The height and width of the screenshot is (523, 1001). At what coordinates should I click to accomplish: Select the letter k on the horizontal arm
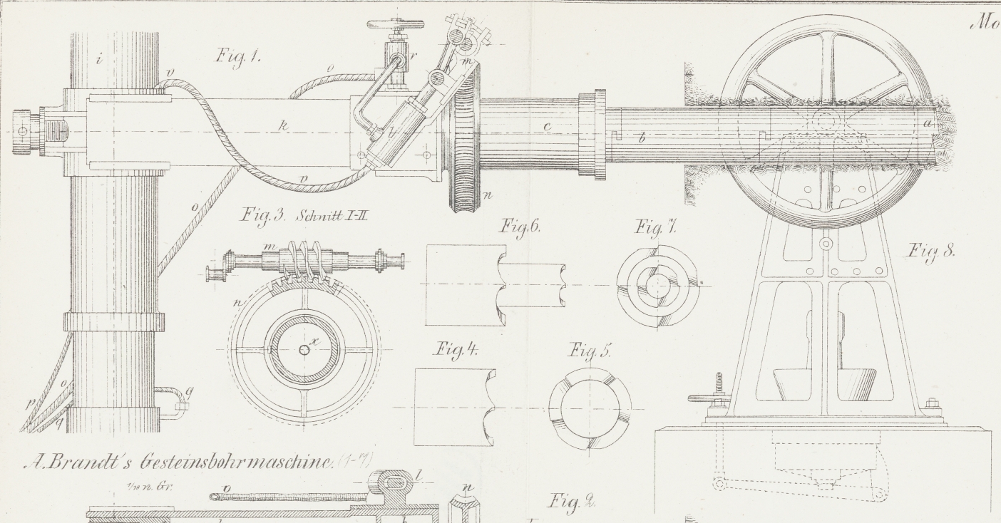[284, 126]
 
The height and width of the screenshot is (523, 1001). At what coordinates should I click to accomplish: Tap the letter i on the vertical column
[99, 60]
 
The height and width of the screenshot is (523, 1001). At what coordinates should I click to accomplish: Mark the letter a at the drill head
[927, 123]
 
